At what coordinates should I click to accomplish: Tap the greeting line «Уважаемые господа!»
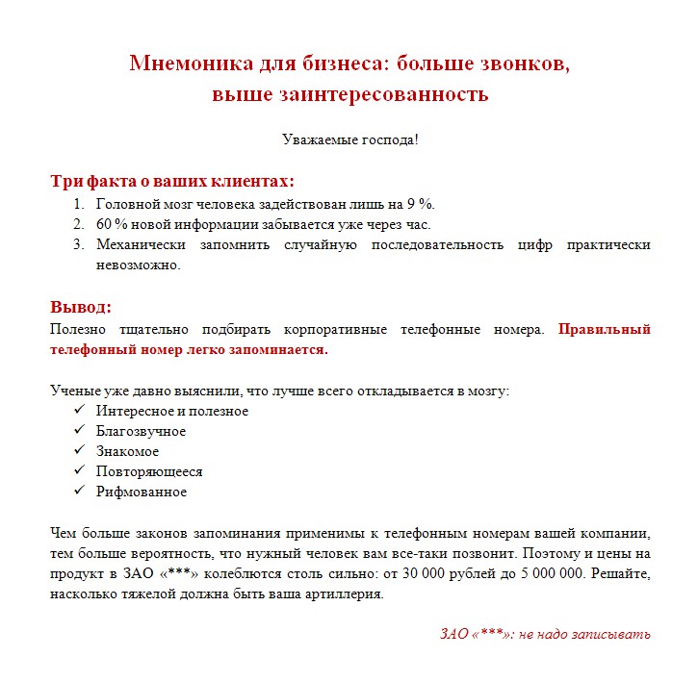[x=349, y=139]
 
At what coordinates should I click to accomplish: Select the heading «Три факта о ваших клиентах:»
[x=172, y=181]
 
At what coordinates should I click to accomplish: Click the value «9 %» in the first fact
[x=421, y=204]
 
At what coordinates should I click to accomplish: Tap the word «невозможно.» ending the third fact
[x=138, y=265]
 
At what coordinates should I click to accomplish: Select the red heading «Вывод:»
[x=81, y=307]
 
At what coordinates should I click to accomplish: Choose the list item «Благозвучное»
[x=141, y=431]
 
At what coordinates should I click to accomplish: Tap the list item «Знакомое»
[x=127, y=451]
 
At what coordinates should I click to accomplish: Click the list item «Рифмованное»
[x=141, y=492]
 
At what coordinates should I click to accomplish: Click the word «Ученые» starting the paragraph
[x=73, y=391]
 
